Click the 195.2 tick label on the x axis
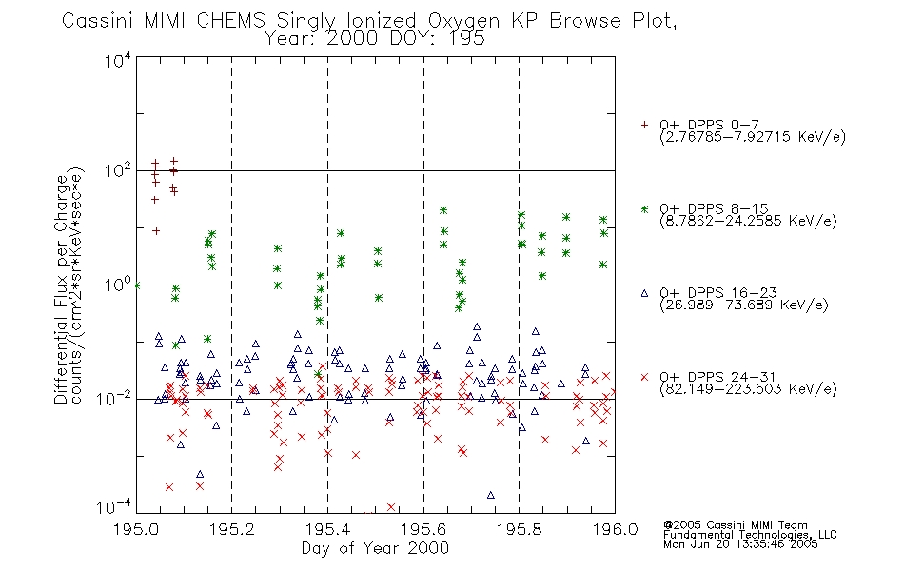tap(232, 529)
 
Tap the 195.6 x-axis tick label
tap(423, 529)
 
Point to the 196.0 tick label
tap(615, 529)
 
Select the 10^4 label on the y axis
tap(118, 60)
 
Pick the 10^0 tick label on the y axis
tap(118, 285)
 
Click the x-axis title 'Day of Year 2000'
tap(375, 548)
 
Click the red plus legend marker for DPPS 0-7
tap(644, 125)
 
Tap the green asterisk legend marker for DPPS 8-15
tap(644, 208)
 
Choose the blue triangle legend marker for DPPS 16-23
tap(644, 293)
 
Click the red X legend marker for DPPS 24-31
tap(644, 377)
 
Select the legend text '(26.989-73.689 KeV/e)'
tap(744, 305)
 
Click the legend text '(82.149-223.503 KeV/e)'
tap(748, 388)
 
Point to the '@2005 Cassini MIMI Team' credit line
tap(735, 525)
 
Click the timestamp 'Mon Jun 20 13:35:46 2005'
tap(740, 544)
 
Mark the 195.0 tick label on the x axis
tap(136, 529)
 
